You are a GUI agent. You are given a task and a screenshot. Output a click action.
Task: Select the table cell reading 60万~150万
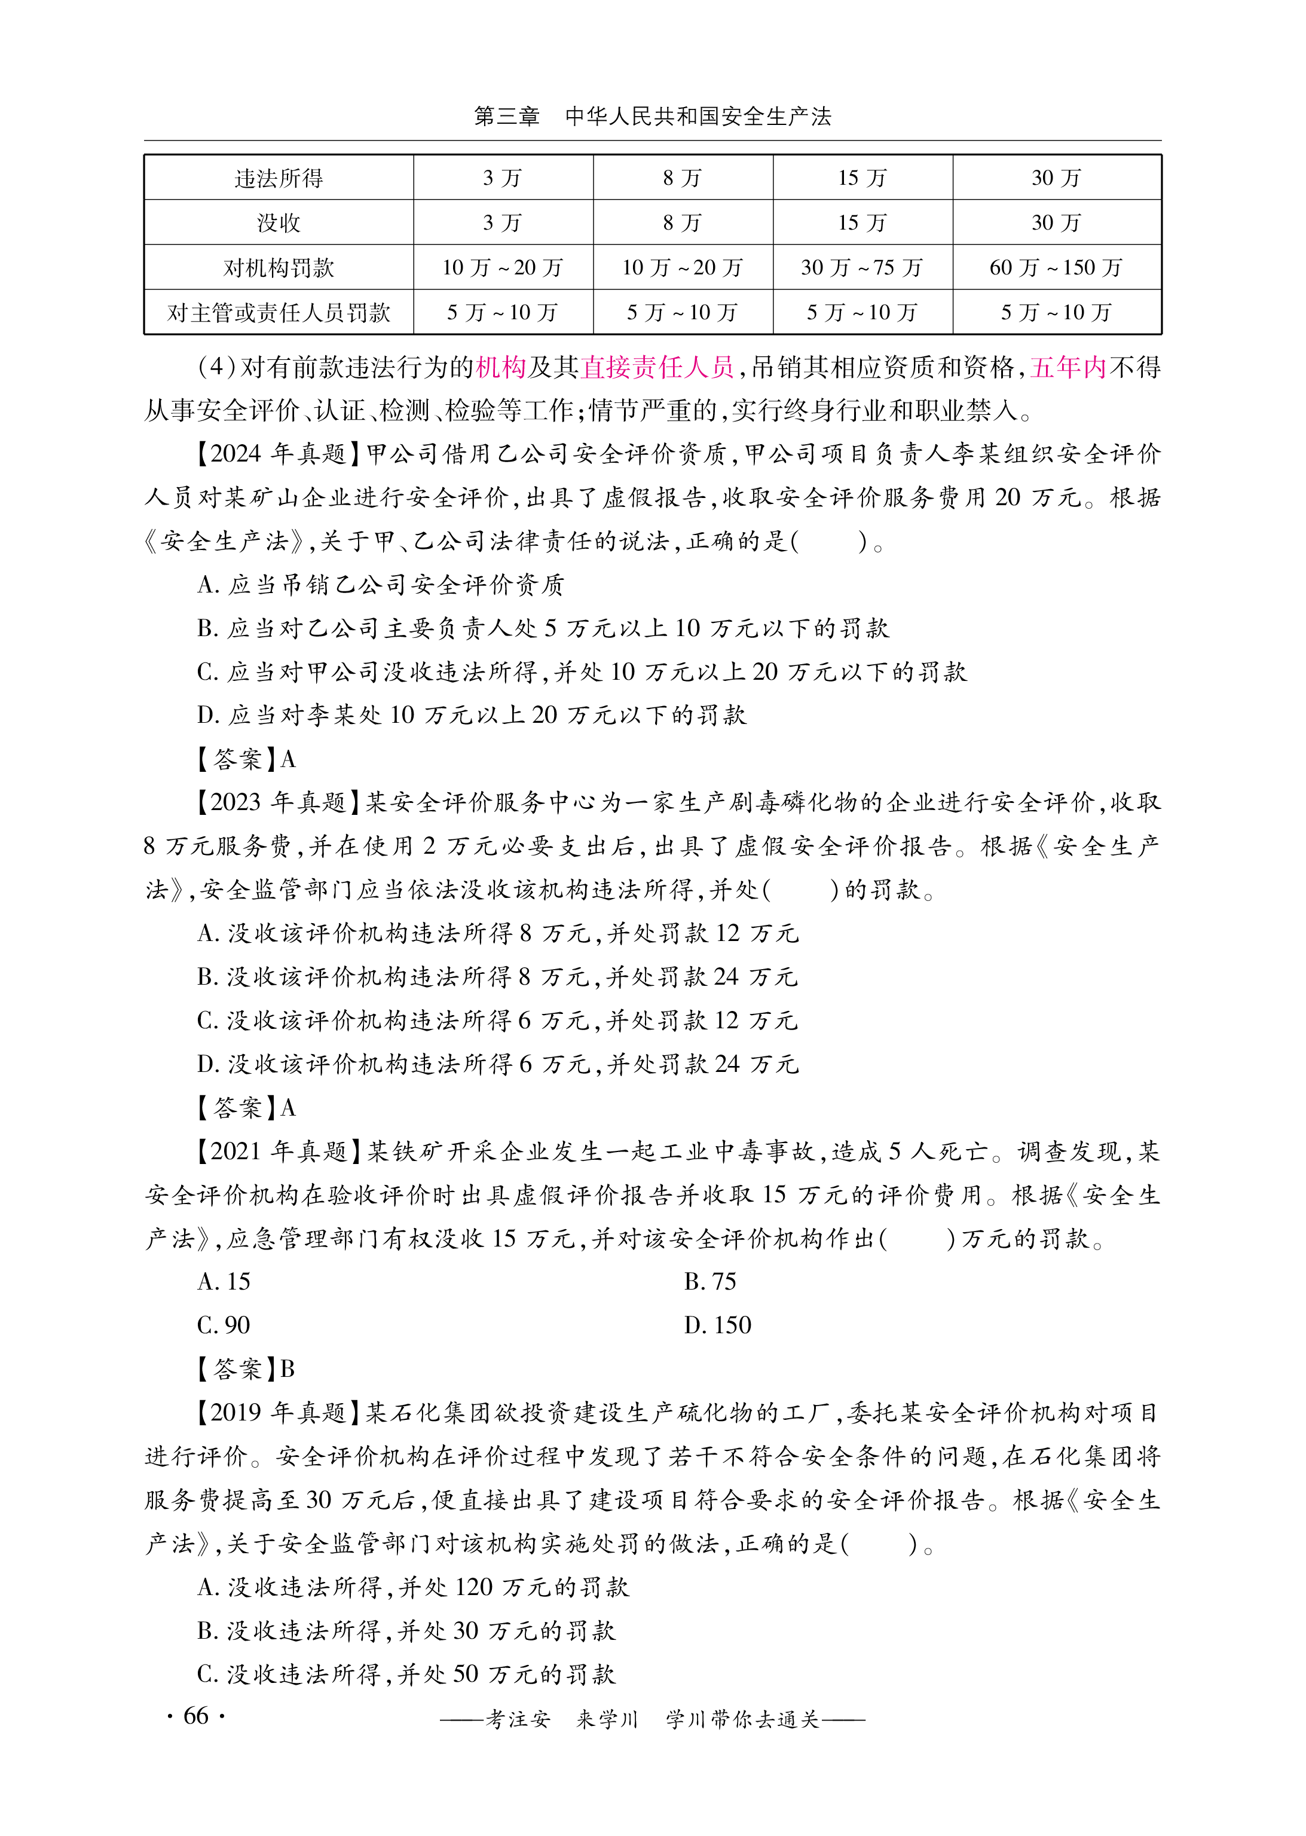1056,268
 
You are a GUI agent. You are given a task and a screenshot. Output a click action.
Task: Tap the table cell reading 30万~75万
862,268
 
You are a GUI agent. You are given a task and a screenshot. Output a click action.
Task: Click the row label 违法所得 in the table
279,178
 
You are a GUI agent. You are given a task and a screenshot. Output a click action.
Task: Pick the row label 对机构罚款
279,268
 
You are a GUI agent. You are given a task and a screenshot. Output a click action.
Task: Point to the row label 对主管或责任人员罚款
279,313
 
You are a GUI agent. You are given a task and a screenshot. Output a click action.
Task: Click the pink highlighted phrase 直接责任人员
658,368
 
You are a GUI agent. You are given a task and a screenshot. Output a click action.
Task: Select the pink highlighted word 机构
500,368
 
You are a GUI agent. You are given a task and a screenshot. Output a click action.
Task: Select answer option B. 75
710,1282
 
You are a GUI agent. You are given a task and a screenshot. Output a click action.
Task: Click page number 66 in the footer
196,1715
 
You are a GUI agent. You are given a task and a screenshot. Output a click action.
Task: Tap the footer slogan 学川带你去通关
741,1719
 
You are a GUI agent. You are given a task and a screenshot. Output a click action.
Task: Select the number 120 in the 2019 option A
473,1587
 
